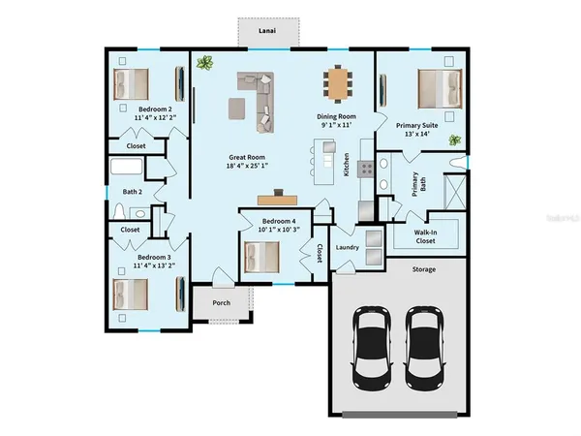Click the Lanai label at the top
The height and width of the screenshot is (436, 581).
[x=266, y=32]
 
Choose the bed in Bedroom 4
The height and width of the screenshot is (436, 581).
[x=261, y=257]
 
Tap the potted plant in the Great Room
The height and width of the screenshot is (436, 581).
[x=205, y=64]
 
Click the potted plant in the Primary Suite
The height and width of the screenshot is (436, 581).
[x=454, y=140]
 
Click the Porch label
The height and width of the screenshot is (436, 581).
[x=221, y=302]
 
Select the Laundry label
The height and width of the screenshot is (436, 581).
[x=348, y=248]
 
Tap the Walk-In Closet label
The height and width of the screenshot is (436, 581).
[x=424, y=235]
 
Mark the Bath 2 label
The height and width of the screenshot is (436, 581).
[x=133, y=192]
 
